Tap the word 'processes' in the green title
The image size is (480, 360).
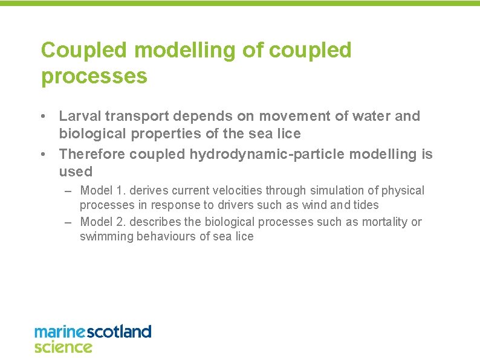coord(94,77)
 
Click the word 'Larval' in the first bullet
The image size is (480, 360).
coord(79,116)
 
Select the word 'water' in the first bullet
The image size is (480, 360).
coord(371,116)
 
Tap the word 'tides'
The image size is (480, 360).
coord(365,205)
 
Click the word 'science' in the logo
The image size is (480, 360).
coord(63,347)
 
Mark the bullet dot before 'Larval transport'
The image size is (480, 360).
coord(45,116)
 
